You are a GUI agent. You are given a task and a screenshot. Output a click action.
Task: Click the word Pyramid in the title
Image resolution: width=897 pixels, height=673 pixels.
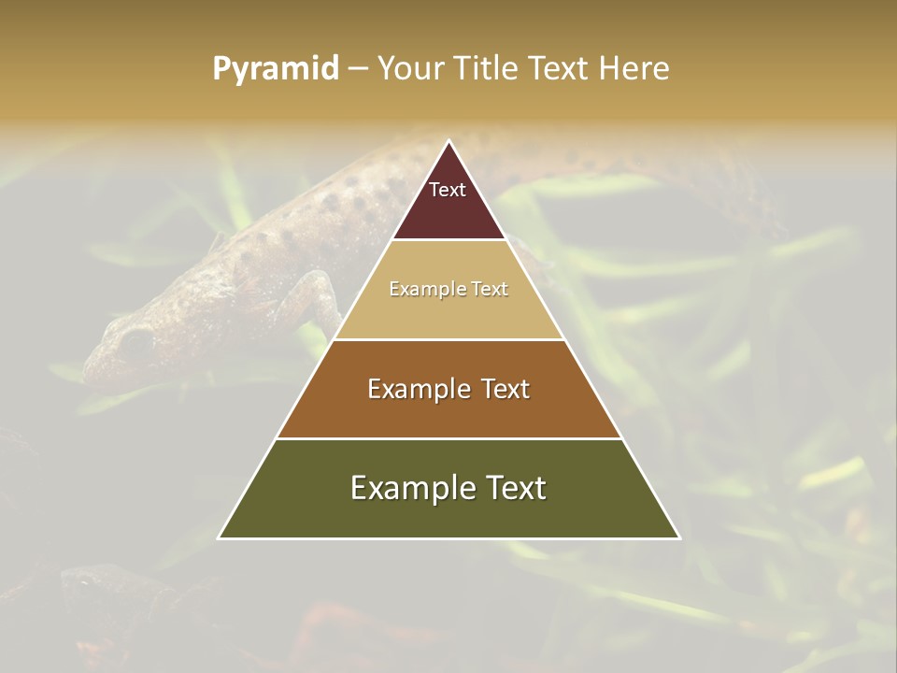click(x=275, y=69)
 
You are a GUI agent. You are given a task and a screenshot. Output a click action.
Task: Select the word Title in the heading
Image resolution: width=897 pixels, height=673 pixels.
click(x=486, y=68)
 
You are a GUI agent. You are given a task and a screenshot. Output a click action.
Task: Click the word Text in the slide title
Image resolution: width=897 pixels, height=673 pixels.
click(x=560, y=68)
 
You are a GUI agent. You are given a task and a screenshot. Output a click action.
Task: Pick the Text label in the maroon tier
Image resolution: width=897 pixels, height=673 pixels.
click(x=448, y=190)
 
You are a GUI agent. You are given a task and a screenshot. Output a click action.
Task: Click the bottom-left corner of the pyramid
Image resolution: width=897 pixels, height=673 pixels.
click(x=220, y=537)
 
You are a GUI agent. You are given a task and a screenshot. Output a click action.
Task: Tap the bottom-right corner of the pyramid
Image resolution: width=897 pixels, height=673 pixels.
click(x=679, y=537)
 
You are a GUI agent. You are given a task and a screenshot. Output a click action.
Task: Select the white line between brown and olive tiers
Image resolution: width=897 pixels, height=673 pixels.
click(x=449, y=438)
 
